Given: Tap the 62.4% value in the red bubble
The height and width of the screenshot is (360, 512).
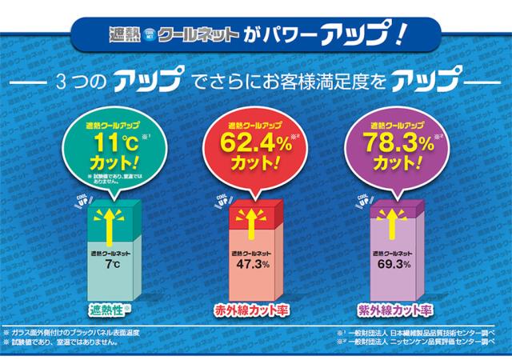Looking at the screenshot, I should tap(248, 145).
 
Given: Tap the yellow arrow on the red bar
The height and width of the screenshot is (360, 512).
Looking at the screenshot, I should tap(248, 220).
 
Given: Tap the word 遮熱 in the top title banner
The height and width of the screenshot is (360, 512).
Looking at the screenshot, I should tap(124, 35).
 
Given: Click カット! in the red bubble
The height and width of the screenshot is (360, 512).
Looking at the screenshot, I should tap(249, 165).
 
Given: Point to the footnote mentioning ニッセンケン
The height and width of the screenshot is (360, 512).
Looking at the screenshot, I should tap(416, 342).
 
